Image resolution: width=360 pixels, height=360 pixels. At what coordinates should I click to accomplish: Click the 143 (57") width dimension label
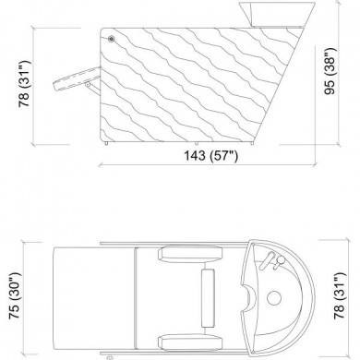pyautogui.click(x=211, y=155)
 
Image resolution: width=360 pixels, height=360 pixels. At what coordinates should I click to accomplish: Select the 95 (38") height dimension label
pyautogui.click(x=330, y=71)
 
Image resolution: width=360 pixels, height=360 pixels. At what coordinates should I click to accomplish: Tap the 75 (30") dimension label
pyautogui.click(x=15, y=295)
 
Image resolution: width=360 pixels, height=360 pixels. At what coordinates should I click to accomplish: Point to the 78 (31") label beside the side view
pyautogui.click(x=24, y=84)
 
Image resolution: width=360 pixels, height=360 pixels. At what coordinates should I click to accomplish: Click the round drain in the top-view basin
pyautogui.click(x=274, y=297)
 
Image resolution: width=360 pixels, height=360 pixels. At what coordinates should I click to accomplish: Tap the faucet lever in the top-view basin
pyautogui.click(x=267, y=260)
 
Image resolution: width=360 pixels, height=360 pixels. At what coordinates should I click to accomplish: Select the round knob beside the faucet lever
pyautogui.click(x=280, y=261)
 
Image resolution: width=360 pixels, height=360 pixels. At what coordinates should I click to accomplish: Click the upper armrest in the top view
pyautogui.click(x=190, y=254)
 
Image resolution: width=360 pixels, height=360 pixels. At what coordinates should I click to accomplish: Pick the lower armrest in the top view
pyautogui.click(x=190, y=342)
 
